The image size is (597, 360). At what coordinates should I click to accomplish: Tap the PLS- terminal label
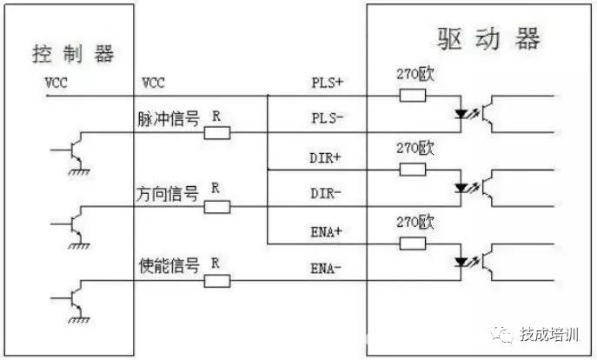(x=328, y=117)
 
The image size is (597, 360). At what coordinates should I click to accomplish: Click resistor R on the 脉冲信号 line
(x=217, y=132)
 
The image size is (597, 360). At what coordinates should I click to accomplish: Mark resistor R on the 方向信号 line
(x=217, y=206)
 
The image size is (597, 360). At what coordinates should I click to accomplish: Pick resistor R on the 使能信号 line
(x=217, y=280)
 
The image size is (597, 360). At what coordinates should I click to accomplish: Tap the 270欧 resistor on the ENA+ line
(x=412, y=241)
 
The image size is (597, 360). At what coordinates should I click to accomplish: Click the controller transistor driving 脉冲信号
(x=76, y=148)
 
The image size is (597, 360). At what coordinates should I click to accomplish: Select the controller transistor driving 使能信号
(x=76, y=296)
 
